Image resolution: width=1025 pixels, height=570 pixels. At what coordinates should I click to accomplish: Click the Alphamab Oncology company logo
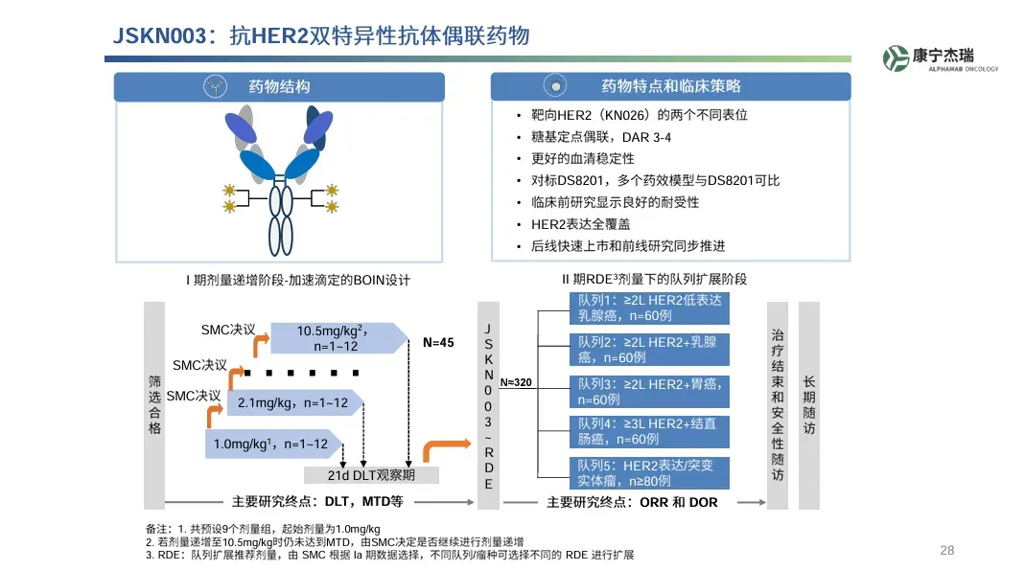point(941,59)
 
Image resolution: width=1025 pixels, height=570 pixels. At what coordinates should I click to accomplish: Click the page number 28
point(946,550)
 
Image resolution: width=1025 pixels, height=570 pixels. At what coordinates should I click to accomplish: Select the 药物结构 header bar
point(280,86)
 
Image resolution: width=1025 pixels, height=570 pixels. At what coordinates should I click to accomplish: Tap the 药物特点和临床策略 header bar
point(670,86)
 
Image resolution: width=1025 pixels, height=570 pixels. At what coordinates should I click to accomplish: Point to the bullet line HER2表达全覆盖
point(580,224)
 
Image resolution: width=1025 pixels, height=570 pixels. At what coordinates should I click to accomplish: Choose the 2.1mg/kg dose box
point(292,403)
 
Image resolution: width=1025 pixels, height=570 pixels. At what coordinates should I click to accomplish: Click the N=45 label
point(438,342)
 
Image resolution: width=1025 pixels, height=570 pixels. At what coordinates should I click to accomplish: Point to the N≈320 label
point(515,382)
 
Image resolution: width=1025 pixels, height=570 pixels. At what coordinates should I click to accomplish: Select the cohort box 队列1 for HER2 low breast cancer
point(648,308)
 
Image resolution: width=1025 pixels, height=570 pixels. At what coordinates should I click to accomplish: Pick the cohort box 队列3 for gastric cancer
point(648,391)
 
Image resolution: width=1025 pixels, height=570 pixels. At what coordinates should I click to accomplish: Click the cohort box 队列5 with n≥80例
point(648,473)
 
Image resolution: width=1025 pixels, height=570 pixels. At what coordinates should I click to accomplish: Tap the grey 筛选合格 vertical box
point(154,405)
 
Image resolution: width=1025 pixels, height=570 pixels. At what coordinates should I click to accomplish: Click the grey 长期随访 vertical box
point(809,405)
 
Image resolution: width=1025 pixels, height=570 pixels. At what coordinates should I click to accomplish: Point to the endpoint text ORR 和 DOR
point(678,502)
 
